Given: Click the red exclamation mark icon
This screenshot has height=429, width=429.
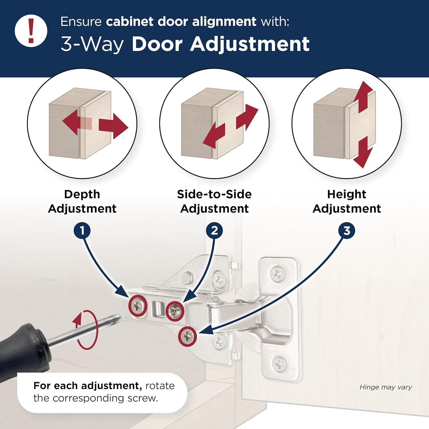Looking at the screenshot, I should coord(31,31).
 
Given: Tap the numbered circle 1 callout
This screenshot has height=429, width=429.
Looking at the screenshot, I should coord(82,231).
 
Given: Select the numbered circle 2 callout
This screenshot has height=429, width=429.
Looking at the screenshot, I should coord(214,231).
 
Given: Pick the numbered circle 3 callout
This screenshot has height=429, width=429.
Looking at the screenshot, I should coord(347,231).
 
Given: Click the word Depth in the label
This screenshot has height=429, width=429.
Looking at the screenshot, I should coord(82,194).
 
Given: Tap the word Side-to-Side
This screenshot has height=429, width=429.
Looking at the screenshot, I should coord(214,194).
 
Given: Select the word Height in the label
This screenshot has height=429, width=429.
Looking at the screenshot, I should coord(346,194).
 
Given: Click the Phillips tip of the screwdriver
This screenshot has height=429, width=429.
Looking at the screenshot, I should coord(119,317).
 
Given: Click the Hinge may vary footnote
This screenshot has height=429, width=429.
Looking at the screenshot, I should coord(386,387).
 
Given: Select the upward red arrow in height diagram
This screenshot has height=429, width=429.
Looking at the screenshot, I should coord(362,96).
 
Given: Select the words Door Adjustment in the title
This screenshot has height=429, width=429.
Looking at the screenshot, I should coord(221,44).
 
